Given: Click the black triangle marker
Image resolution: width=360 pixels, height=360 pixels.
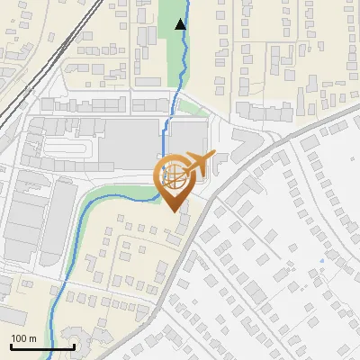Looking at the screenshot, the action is (181, 24).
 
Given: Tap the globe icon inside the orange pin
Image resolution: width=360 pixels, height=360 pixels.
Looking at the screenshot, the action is (175, 175).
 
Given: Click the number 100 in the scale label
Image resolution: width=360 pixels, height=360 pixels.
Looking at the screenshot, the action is (20, 338).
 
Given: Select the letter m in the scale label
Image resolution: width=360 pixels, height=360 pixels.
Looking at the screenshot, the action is (33, 338).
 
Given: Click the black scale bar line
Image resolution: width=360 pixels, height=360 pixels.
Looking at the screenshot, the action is (42, 346).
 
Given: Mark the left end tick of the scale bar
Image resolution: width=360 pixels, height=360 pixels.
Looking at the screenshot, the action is (11, 345).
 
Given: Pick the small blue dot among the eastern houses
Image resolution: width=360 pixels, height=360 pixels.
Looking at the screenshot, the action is (321, 262).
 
